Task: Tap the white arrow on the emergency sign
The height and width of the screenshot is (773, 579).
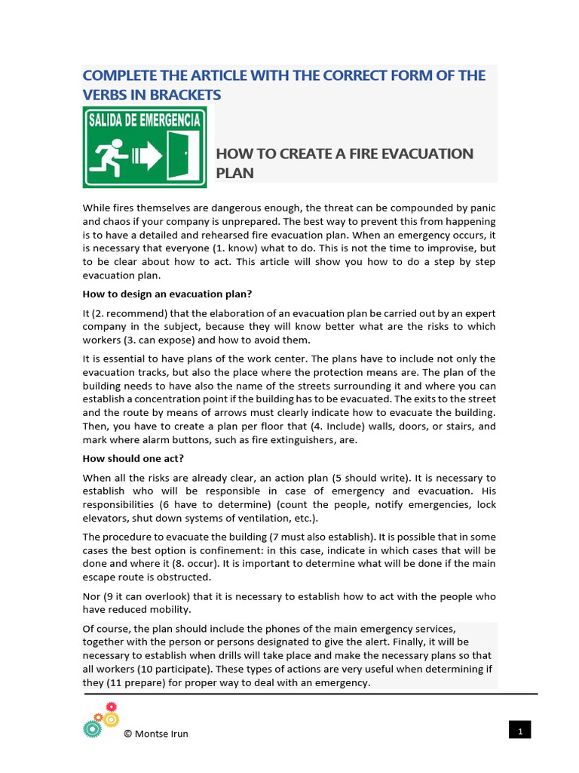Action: coord(148,157)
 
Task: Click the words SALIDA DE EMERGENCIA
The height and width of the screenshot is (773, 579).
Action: coord(144,119)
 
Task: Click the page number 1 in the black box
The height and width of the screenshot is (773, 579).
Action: coord(520,730)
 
